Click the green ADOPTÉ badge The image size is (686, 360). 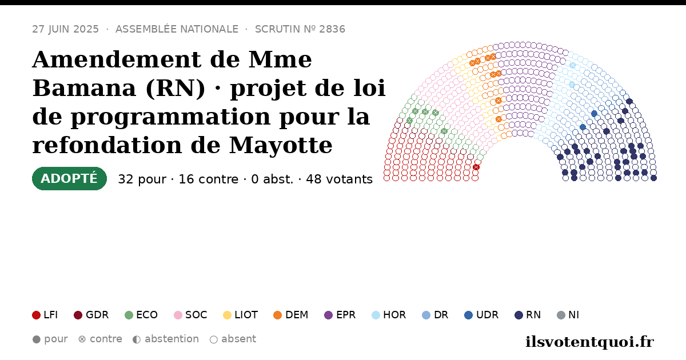[69, 178]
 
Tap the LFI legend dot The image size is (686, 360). [36, 315]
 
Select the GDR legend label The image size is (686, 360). [97, 315]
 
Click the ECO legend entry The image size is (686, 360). [141, 315]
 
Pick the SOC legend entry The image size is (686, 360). [190, 315]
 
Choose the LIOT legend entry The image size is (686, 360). [241, 315]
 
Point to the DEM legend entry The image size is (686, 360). [290, 315]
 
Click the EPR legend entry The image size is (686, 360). [340, 315]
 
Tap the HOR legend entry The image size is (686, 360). [389, 315]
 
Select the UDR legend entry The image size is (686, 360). [481, 315]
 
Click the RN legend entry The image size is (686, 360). [528, 315]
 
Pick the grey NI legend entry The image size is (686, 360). [568, 315]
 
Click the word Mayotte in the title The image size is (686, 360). [281, 145]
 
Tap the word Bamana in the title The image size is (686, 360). [84, 88]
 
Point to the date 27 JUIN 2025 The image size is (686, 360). [66, 29]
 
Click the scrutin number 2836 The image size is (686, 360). [332, 29]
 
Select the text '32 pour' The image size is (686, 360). [142, 179]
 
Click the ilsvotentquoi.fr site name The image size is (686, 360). [589, 342]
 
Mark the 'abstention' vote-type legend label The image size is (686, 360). [172, 339]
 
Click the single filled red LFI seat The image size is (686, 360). [476, 167]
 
